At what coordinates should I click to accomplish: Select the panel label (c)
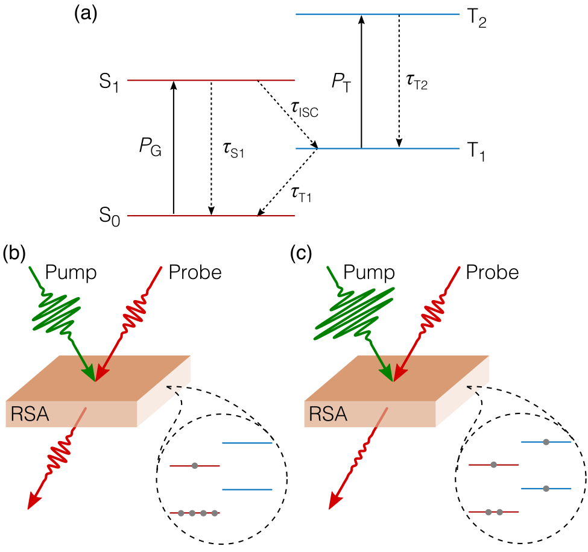302,253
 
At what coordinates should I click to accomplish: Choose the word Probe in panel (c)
492,272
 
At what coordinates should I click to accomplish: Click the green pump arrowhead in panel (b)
89,373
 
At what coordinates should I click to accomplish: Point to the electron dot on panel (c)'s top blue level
546,442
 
